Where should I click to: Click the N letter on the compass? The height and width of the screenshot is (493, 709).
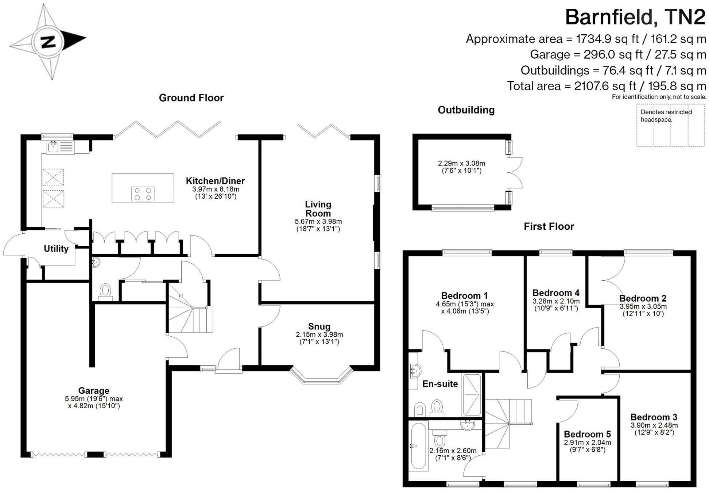coord(48,42)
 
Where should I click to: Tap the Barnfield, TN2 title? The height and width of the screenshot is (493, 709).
coord(635,17)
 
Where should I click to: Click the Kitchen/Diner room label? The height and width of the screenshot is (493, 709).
coord(215,181)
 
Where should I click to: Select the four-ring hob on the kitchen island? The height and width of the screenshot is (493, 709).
coord(143,194)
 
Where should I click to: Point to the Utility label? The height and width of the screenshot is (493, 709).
coord(56,249)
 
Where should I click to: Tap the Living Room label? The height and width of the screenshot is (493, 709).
coord(318,209)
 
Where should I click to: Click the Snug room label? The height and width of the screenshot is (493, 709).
coord(319,326)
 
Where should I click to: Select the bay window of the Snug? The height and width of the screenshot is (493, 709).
coord(321,376)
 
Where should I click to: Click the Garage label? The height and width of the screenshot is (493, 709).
coord(94,391)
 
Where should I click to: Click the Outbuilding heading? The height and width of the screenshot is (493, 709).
coord(466,110)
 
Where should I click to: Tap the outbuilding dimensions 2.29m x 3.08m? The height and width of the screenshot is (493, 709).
coord(461,164)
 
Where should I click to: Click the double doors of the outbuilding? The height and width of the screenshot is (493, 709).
coord(515,173)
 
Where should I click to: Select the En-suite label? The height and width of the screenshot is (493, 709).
coord(440,384)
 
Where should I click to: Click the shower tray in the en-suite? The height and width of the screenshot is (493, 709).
coord(472,394)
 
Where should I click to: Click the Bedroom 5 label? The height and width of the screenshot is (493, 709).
coord(587,434)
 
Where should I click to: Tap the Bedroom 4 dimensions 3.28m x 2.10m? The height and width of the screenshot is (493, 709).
coord(556,301)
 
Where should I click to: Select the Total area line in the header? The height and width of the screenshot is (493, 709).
coord(606,86)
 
